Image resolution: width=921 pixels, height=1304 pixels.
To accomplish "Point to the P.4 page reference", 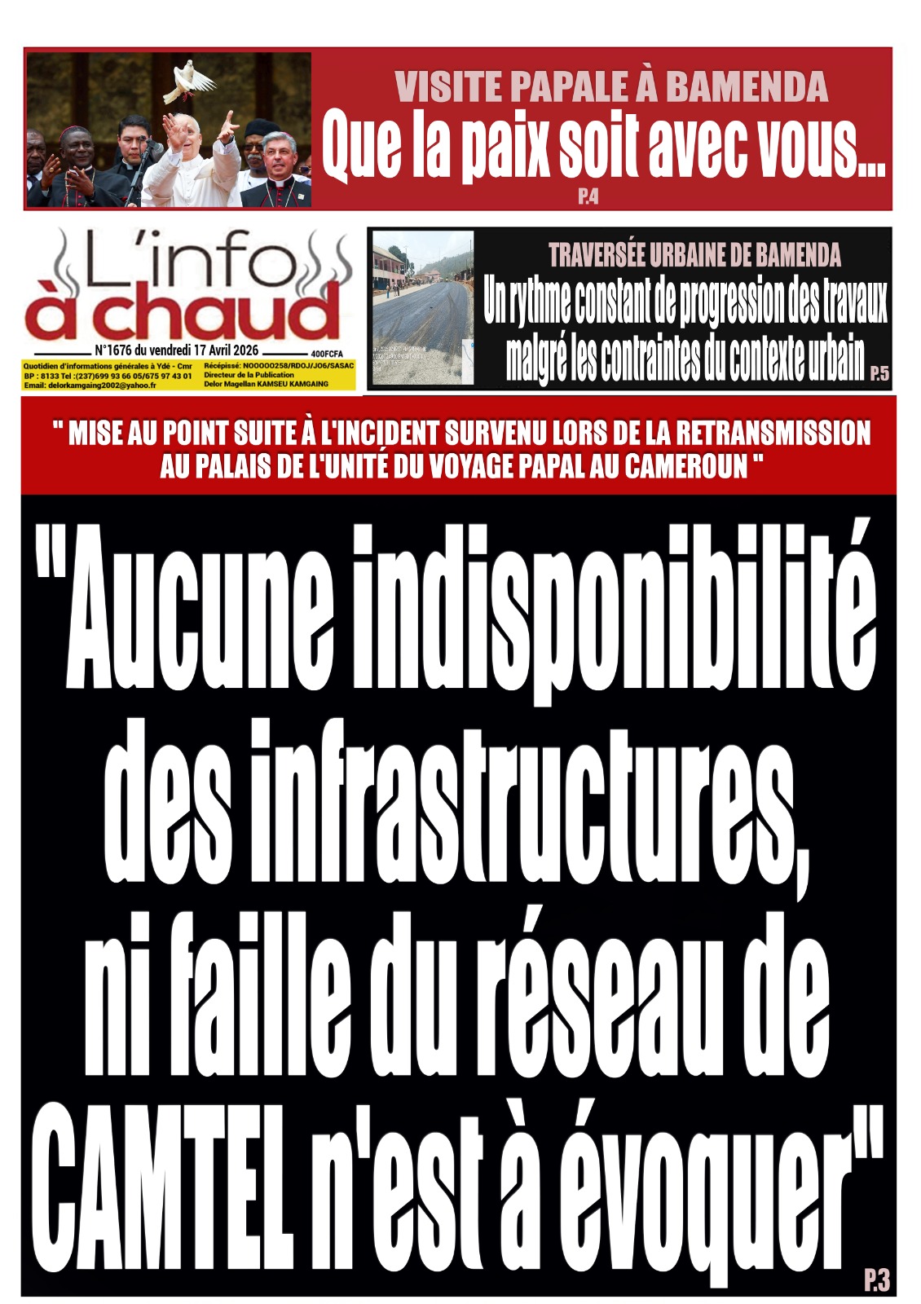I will point(588,197).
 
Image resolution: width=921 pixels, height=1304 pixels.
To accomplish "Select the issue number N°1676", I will point(120,350).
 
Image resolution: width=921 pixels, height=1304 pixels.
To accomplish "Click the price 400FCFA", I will point(331,354).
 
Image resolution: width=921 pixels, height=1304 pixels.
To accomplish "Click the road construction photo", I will point(422,308).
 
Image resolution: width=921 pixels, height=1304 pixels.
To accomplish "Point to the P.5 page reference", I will point(879,374).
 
